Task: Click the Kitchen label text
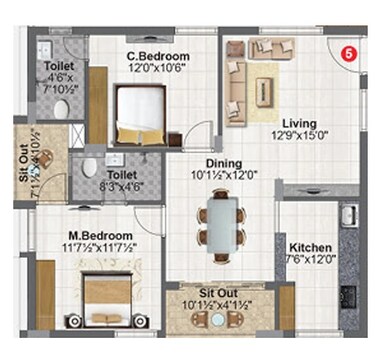click(309, 247)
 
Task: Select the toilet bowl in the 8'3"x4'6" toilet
click(88, 165)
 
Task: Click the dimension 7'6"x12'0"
click(309, 260)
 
